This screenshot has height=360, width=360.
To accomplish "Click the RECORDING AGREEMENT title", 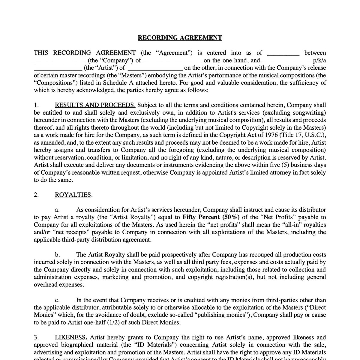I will pyautogui.click(x=180, y=38).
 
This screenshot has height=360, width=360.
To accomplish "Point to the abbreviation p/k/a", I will pyautogui.click(x=319, y=60).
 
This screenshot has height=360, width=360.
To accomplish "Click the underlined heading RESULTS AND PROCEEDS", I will pyautogui.click(x=95, y=105).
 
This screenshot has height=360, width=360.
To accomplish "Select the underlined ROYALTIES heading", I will pyautogui.click(x=73, y=195).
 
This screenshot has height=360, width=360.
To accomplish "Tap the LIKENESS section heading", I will pyautogui.click(x=71, y=337).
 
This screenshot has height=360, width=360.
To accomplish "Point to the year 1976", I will pyautogui.click(x=272, y=135).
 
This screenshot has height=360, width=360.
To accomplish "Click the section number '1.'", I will pyautogui.click(x=36, y=105).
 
